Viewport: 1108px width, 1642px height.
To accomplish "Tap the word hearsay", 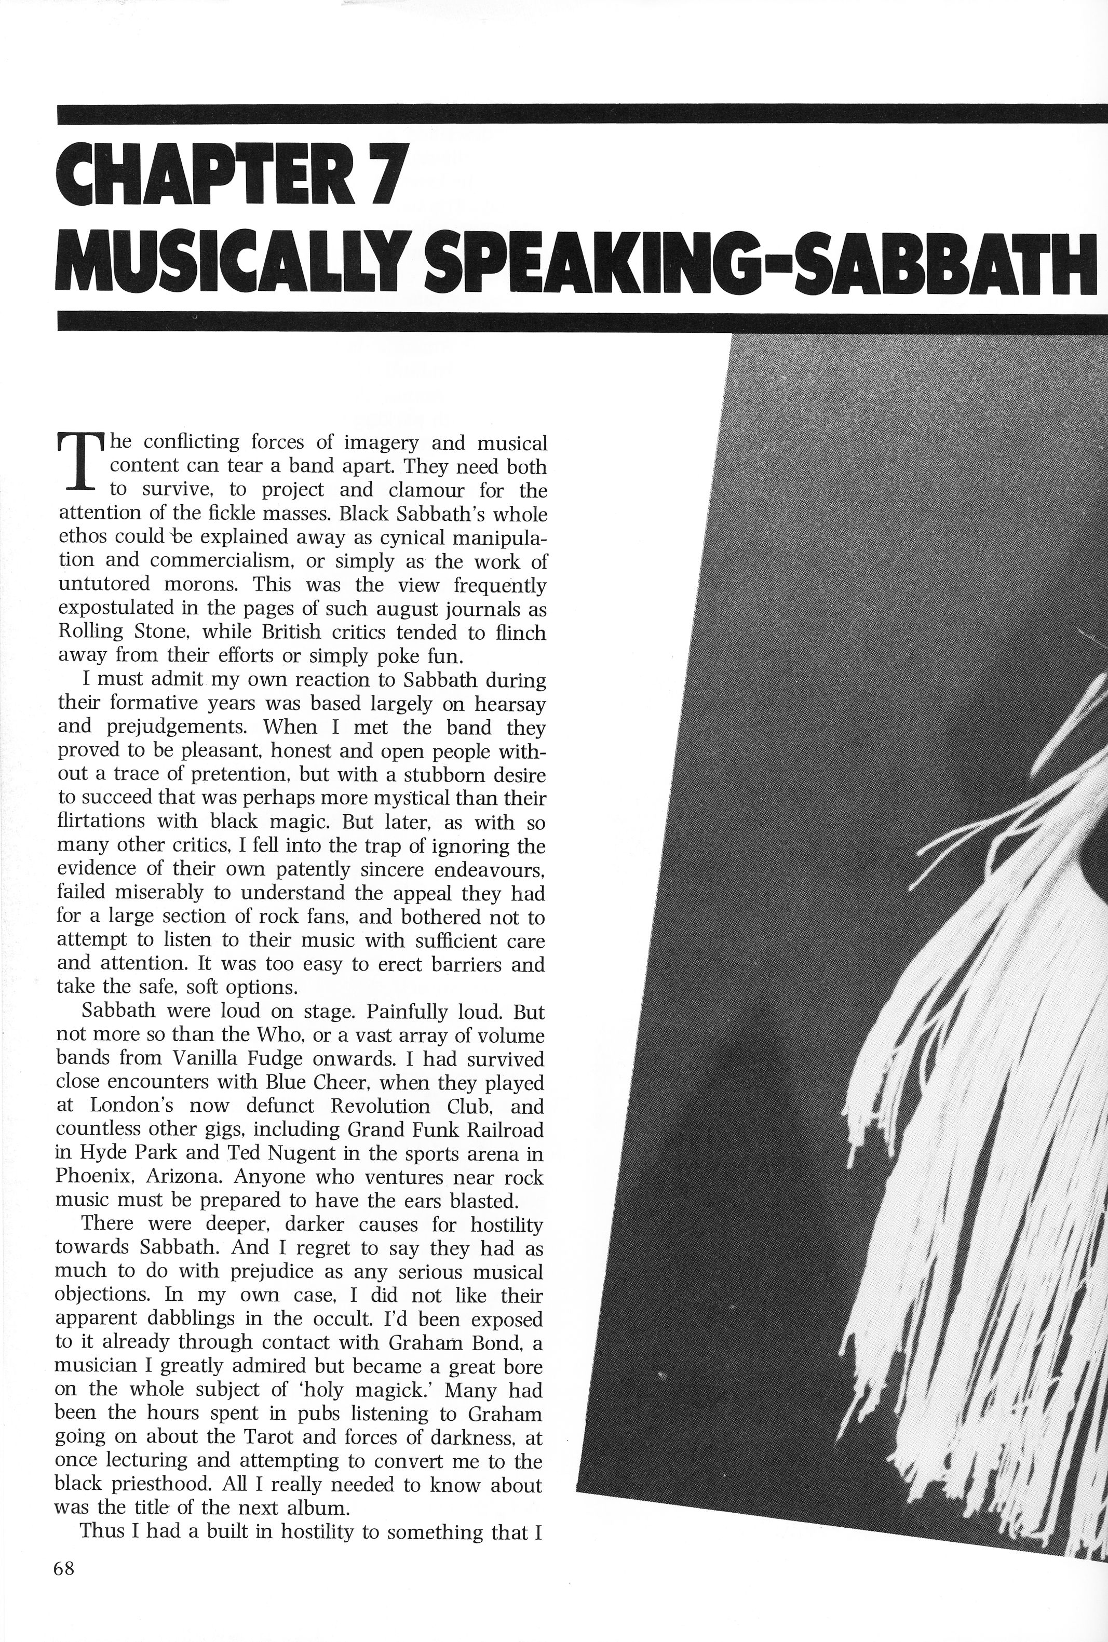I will pos(509,705).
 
